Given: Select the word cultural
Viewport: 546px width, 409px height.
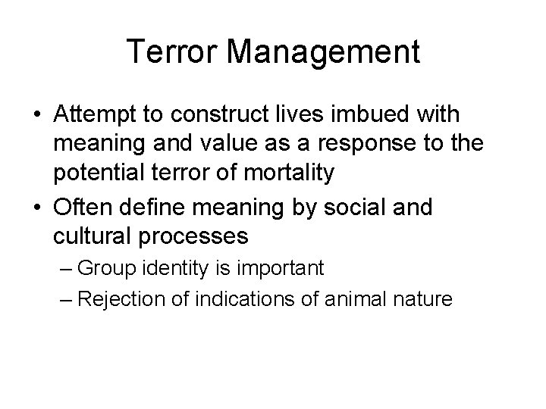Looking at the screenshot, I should click(92, 236).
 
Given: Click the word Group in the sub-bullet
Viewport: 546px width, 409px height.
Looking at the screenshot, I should click(104, 267).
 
